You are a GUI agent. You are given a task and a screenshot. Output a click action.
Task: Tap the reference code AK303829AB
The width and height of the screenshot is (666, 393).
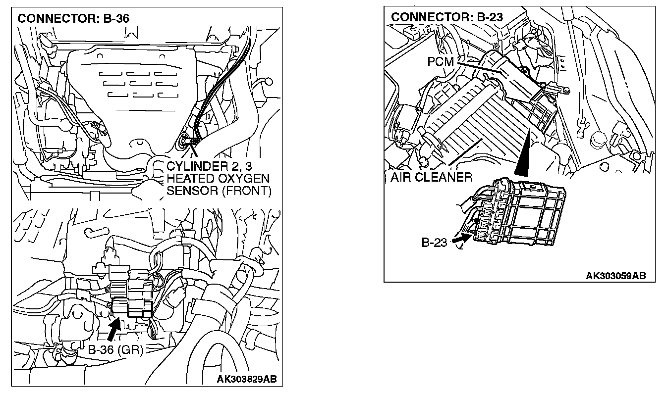pyautogui.click(x=246, y=380)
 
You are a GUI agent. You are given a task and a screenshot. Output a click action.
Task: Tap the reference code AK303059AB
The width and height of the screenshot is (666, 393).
pyautogui.click(x=615, y=276)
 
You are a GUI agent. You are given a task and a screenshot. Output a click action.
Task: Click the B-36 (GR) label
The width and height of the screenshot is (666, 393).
pyautogui.click(x=115, y=350)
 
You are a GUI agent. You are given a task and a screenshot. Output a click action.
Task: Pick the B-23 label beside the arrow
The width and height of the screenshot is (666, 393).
pyautogui.click(x=434, y=243)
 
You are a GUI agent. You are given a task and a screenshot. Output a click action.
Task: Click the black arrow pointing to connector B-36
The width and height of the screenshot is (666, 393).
pyautogui.click(x=113, y=328)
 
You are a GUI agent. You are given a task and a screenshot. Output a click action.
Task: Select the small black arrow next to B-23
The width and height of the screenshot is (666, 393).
pyautogui.click(x=460, y=239)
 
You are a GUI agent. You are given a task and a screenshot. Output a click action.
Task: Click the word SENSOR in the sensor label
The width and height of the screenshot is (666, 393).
pyautogui.click(x=188, y=191)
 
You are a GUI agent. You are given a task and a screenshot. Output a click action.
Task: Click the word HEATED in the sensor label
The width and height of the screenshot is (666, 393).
pyautogui.click(x=190, y=178)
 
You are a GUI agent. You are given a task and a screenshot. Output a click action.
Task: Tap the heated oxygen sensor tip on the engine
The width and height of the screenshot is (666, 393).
pyautogui.click(x=185, y=142)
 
